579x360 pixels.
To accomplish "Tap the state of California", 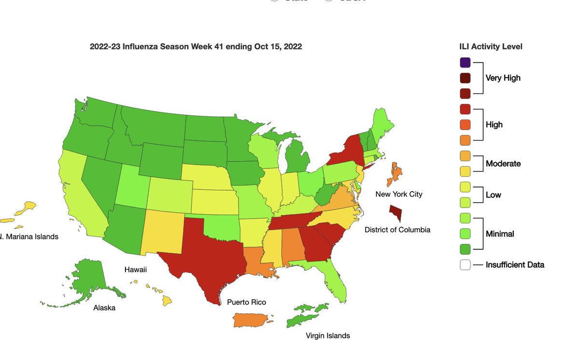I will (77, 193).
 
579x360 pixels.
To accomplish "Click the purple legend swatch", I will (465, 62).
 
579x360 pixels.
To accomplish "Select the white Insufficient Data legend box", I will (465, 264).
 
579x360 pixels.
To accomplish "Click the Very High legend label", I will (503, 78).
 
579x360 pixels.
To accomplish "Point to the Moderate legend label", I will (503, 164).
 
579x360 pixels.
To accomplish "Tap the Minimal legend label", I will (500, 234).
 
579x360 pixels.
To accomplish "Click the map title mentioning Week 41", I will (196, 47).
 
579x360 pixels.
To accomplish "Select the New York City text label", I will (399, 194).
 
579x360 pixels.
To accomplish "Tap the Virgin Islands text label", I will (328, 335).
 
